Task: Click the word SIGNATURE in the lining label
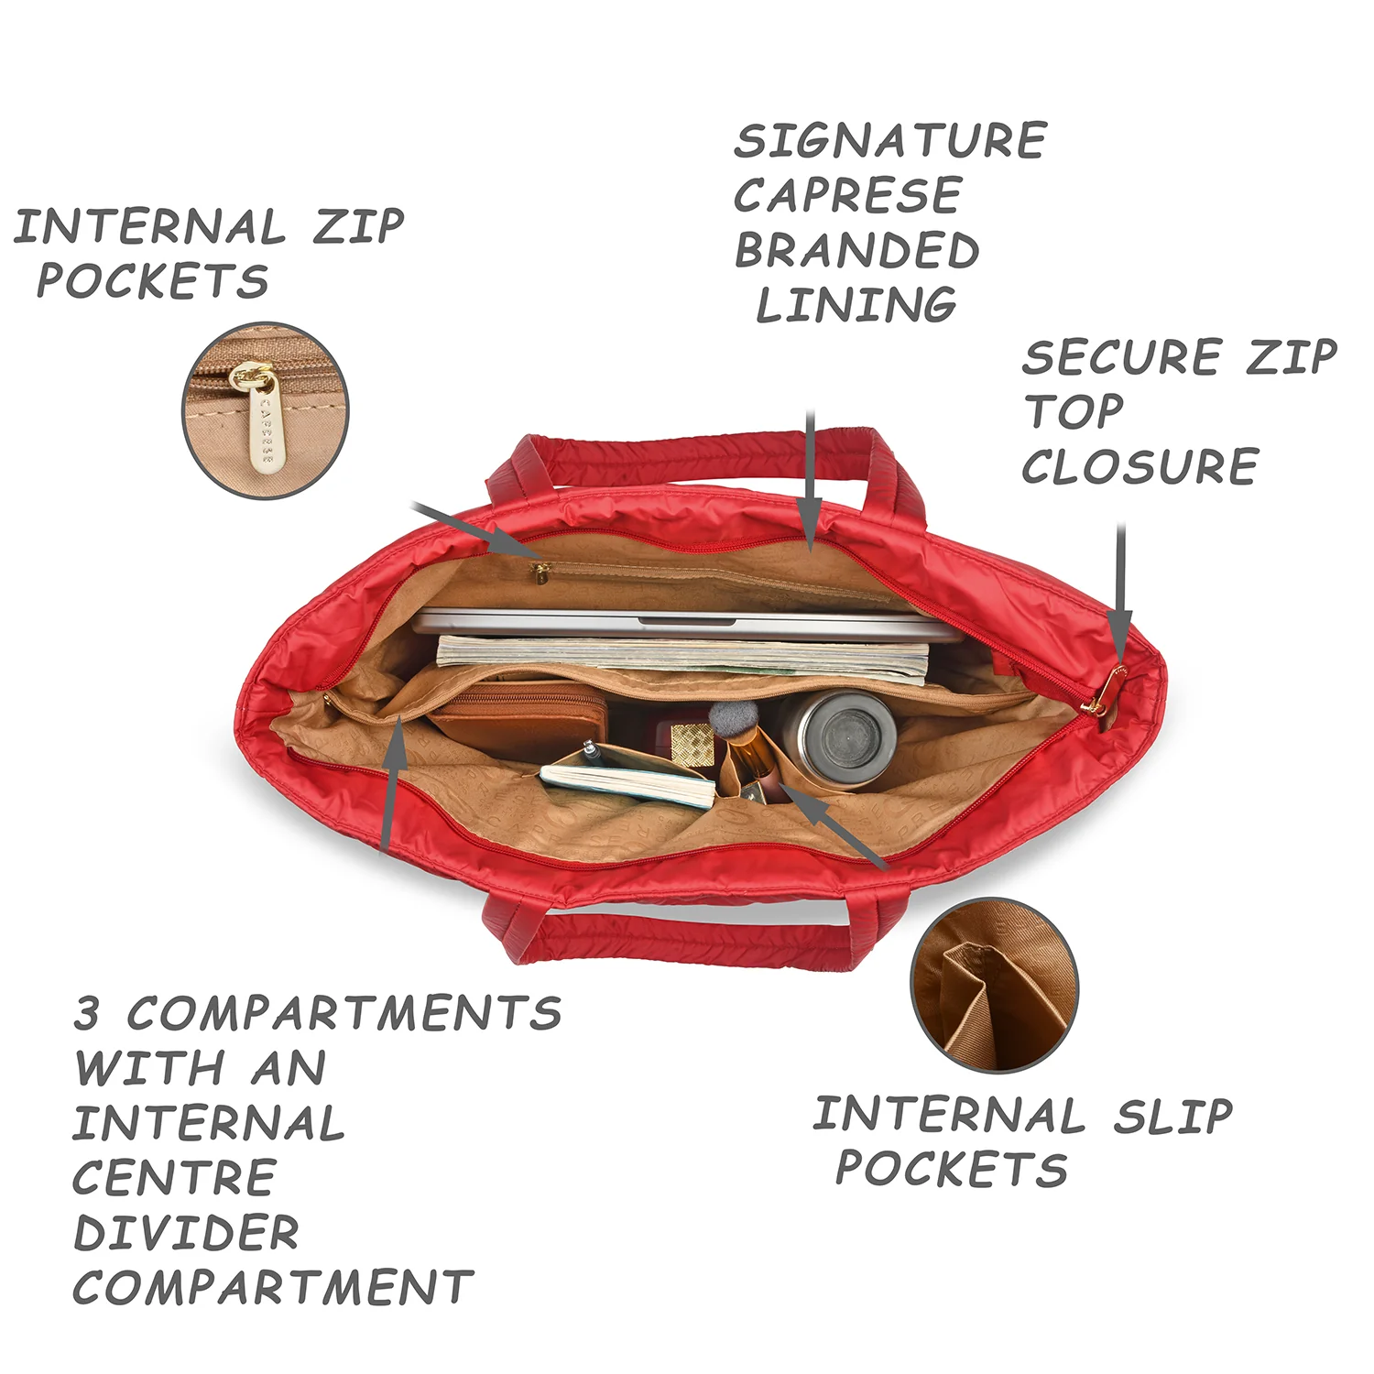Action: click(x=889, y=141)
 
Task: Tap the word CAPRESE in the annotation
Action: click(x=847, y=195)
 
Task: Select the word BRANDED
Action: click(x=856, y=250)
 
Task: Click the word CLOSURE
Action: click(x=1140, y=466)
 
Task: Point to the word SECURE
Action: click(x=1122, y=357)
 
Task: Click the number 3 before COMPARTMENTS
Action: click(x=87, y=1013)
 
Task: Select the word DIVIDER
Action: click(x=186, y=1233)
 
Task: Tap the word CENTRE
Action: click(x=174, y=1178)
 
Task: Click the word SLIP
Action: click(x=1173, y=1116)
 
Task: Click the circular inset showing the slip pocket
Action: click(x=994, y=985)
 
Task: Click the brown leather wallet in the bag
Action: click(x=518, y=720)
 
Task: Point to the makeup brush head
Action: click(x=733, y=716)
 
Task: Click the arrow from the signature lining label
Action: click(x=810, y=480)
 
